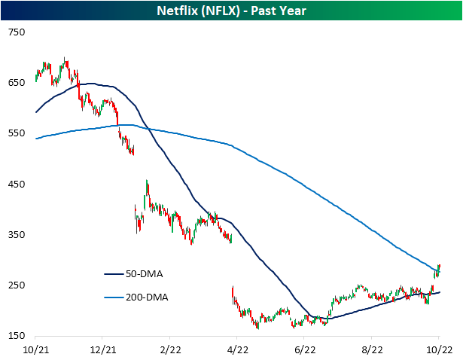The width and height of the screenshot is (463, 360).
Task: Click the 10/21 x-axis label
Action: [x=35, y=349]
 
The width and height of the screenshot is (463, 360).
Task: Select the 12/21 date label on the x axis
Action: [x=103, y=349]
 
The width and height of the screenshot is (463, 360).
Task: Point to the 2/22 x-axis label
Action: [x=170, y=349]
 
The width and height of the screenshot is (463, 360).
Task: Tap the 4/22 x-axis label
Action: [x=238, y=349]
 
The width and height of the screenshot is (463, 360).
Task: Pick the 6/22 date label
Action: [x=305, y=349]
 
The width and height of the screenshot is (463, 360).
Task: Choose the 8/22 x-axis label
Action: [x=373, y=349]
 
